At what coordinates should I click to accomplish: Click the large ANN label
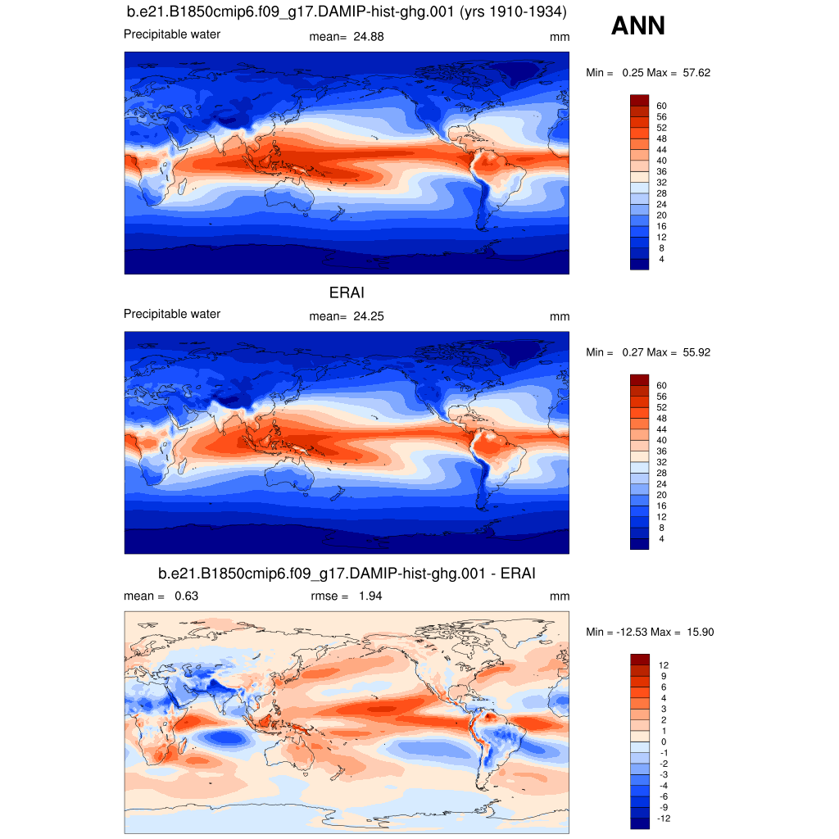pos(637,27)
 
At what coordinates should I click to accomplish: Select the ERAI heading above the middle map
pos(347,293)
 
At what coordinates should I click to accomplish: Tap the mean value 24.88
pos(369,37)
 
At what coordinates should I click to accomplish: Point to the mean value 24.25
pos(369,316)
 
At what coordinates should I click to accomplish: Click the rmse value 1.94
pos(370,596)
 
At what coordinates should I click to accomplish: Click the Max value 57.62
pos(696,73)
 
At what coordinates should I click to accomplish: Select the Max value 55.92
pos(696,352)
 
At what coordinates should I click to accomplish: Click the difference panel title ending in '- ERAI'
pos(347,574)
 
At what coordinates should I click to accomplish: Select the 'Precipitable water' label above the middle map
pos(172,314)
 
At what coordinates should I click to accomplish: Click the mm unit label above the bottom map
pos(559,596)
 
